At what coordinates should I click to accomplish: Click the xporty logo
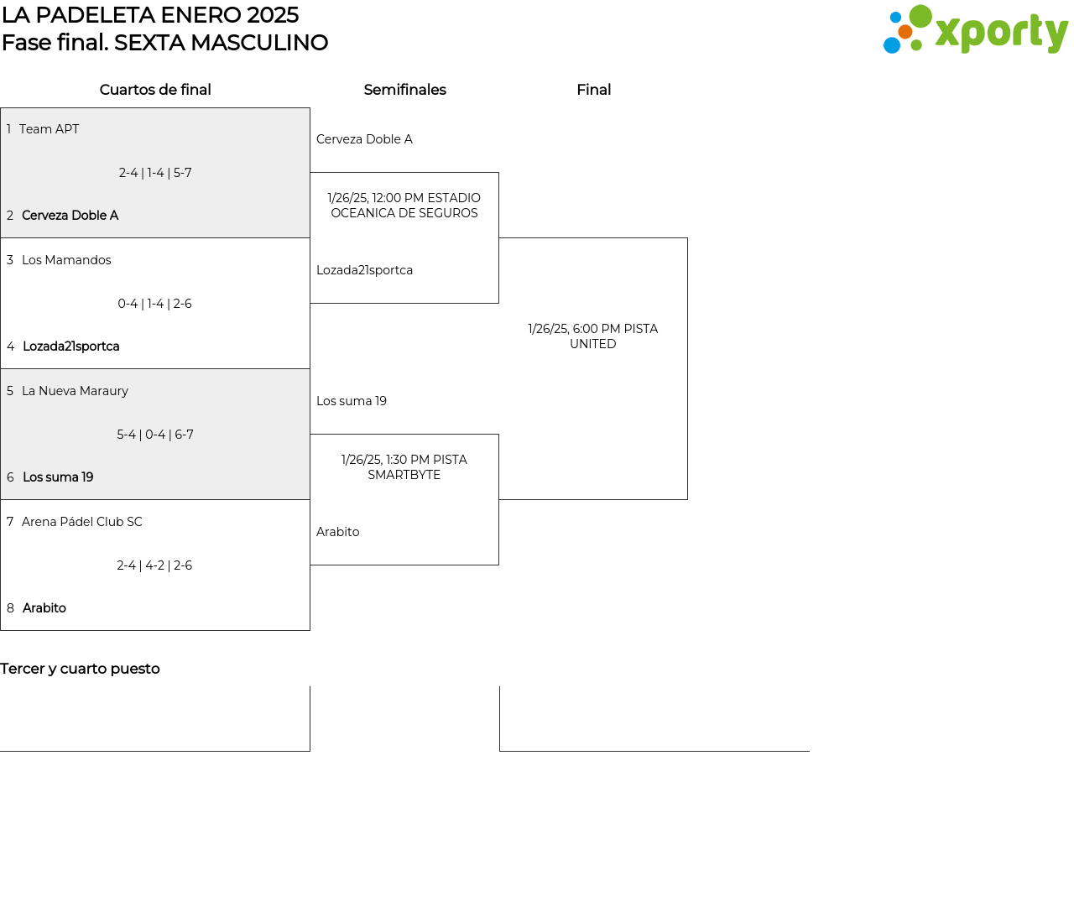(975, 30)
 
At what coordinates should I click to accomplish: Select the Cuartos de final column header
(155, 90)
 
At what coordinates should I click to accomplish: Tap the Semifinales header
(404, 90)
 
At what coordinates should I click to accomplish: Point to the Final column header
(593, 90)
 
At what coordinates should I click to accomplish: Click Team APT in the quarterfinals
(49, 129)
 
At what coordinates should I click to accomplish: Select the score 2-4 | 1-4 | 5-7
(155, 173)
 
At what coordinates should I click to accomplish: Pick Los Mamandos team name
(66, 260)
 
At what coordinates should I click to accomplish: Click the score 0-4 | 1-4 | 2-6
(155, 304)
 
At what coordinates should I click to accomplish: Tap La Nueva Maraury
(75, 391)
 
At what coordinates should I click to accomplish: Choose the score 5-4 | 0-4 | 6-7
(155, 435)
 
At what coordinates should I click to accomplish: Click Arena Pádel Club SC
(82, 522)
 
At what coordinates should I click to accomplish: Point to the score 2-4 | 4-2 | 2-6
(155, 565)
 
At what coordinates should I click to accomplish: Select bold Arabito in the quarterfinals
(44, 608)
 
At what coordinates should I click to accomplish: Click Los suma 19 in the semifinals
(352, 401)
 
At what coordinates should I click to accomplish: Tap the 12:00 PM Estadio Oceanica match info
(404, 206)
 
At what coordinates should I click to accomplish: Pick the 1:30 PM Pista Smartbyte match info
(404, 467)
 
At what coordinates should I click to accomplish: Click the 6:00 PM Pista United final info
(593, 336)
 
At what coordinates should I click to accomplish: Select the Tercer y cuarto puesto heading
(80, 669)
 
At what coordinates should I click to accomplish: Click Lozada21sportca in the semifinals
(364, 270)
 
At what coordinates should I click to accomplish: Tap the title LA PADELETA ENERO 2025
(150, 15)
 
